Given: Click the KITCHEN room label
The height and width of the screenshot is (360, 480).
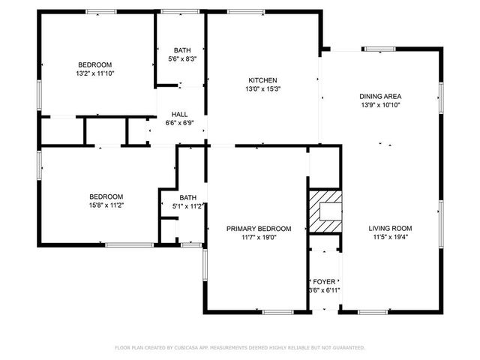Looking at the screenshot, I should click(263, 80).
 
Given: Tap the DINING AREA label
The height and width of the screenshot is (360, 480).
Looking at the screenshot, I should click(380, 96).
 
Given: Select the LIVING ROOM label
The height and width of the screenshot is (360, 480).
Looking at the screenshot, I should click(390, 228).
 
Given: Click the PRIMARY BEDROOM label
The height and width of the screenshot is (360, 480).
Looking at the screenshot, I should click(258, 228).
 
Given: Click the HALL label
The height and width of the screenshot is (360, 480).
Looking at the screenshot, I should click(178, 114).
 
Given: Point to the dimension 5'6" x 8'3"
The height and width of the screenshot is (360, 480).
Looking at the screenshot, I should click(182, 59).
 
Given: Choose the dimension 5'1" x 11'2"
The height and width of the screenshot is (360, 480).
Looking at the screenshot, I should click(187, 206).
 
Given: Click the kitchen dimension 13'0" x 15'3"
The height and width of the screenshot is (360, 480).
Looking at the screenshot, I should click(263, 88).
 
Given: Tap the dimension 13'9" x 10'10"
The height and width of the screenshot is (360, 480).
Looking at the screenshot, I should click(380, 105).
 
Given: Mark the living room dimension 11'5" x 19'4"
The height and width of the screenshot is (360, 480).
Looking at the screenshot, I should click(390, 237).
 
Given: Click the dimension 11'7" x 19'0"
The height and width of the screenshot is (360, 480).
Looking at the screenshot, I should click(258, 237).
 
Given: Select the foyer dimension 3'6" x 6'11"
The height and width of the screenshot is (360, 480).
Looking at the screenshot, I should click(324, 289).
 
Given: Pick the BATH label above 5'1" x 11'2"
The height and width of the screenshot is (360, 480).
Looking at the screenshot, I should click(187, 198).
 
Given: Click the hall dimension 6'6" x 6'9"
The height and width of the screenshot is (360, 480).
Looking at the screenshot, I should click(178, 123).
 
